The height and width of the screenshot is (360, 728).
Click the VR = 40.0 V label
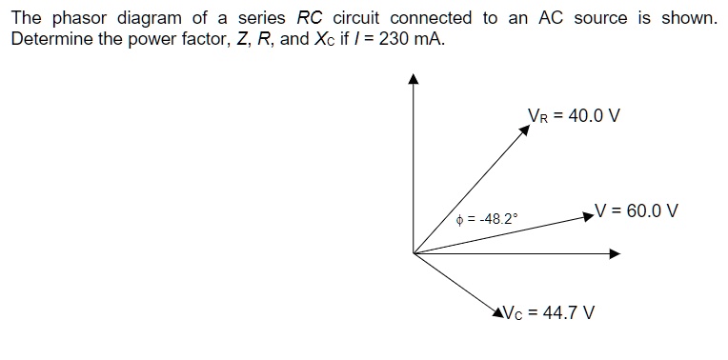pyautogui.click(x=574, y=115)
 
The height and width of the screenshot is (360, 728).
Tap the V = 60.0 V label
pyautogui.click(x=636, y=210)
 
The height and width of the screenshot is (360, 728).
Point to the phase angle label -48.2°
pyautogui.click(x=488, y=219)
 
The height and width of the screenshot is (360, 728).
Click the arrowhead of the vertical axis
pyautogui.click(x=414, y=80)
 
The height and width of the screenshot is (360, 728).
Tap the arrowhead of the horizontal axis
pyautogui.click(x=615, y=253)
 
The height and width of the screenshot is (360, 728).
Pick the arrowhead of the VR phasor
pyautogui.click(x=524, y=130)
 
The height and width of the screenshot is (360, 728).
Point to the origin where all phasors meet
pyautogui.click(x=414, y=253)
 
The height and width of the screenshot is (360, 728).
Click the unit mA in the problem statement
pyautogui.click(x=428, y=41)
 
